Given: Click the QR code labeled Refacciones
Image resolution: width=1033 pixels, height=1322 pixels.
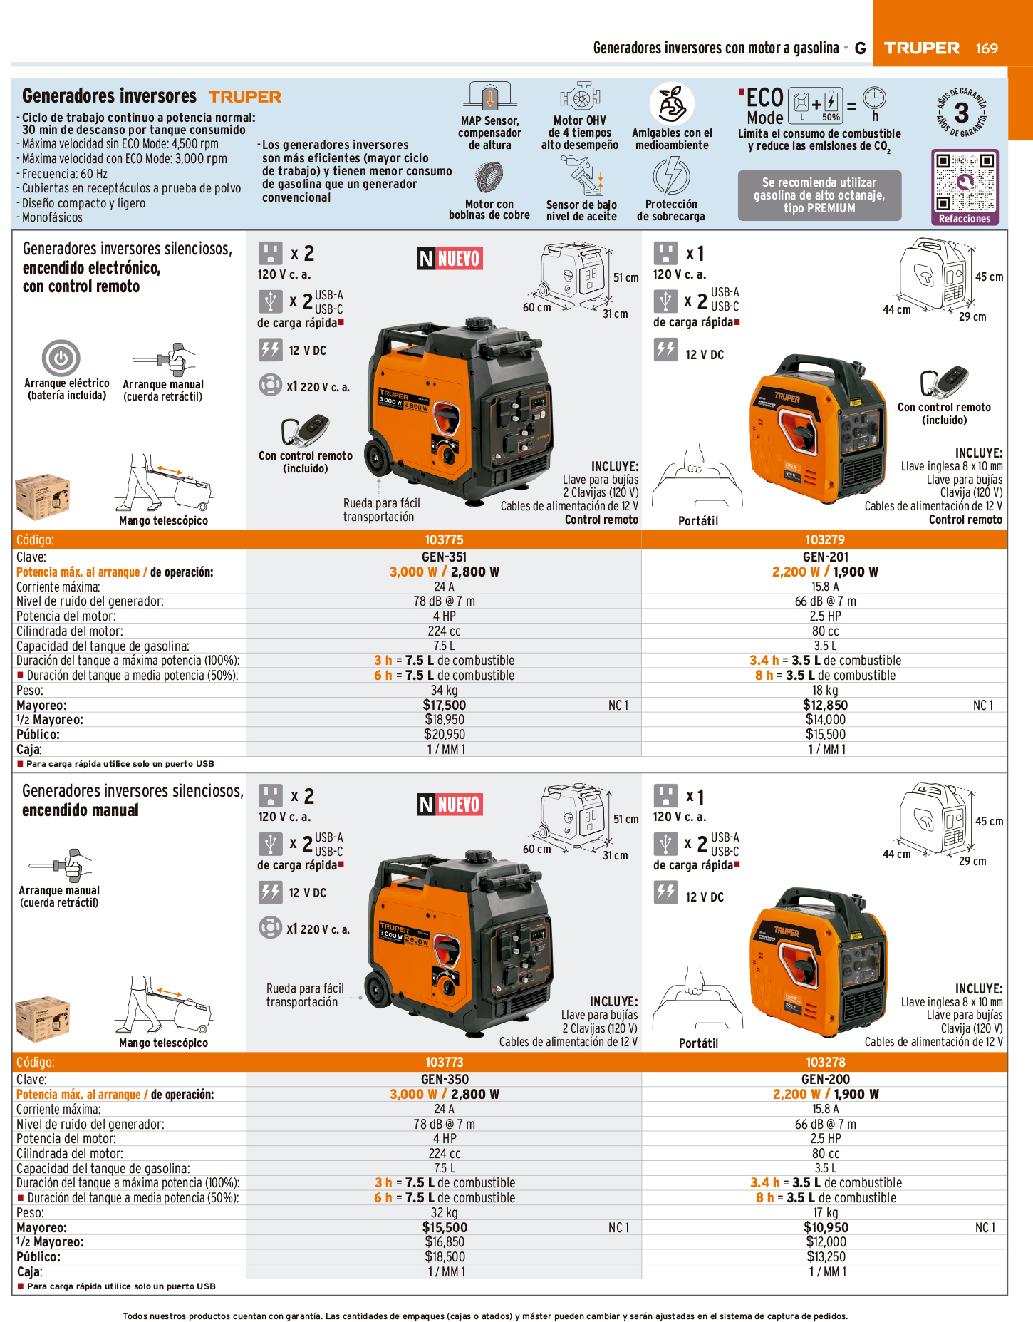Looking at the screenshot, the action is coord(965,182).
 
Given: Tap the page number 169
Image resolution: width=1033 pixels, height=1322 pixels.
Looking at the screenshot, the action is coord(987,48).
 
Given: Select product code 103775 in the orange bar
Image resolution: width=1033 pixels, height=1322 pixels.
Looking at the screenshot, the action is coord(444,540).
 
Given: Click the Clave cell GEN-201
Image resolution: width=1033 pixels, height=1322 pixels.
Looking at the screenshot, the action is coord(826,557).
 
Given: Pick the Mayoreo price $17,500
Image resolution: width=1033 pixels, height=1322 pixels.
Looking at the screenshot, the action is coord(445,705).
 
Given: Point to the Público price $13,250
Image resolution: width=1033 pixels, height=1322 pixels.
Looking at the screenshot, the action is coord(826,1256).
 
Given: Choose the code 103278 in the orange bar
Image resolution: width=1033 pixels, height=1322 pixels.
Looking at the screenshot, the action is coord(826,1062).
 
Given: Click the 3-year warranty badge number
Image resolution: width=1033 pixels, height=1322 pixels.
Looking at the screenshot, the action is coord(962,113).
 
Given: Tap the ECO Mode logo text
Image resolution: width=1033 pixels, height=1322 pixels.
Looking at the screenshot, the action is coord(765,106).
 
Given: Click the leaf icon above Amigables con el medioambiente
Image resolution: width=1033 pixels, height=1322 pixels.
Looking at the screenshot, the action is coord(672,104).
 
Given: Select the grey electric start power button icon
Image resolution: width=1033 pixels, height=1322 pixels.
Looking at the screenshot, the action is coord(61,358).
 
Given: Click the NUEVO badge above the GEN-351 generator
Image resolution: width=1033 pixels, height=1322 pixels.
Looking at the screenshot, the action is coord(450,258).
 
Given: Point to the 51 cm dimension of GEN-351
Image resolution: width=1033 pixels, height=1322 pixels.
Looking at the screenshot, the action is coord(626,277).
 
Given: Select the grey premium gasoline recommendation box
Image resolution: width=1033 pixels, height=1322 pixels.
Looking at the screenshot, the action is coord(819,195).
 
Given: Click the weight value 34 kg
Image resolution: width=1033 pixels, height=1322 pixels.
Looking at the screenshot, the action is coord(445,690).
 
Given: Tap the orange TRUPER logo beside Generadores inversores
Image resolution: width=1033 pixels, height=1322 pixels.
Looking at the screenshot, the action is coord(245,97).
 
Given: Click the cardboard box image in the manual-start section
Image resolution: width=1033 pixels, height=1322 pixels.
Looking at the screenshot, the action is coord(43,1018).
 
